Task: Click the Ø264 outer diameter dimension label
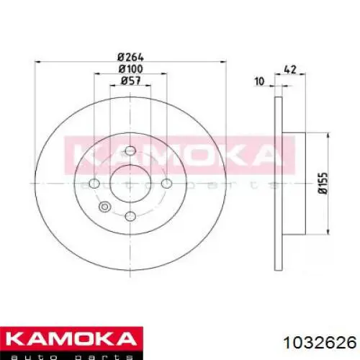131,57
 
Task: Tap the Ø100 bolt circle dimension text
131,69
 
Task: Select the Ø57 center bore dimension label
131,81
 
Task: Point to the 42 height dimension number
290,69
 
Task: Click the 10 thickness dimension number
259,81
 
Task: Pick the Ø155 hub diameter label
323,184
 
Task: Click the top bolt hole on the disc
130,150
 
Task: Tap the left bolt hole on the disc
94,184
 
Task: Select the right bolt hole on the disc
166,184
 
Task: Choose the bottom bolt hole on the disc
130,216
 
